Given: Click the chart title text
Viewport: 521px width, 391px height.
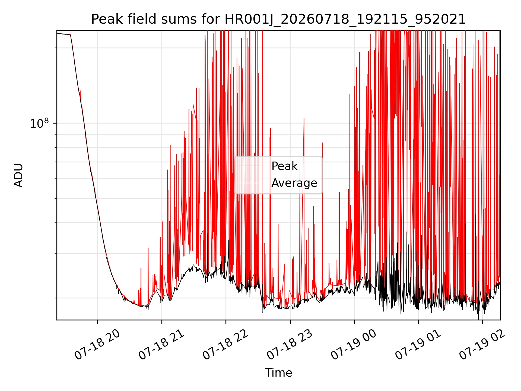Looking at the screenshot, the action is pyautogui.click(x=278, y=19).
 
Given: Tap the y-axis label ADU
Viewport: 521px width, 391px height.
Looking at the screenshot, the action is pyautogui.click(x=18, y=175).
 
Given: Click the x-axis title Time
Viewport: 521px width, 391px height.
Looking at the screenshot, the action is pyautogui.click(x=278, y=373).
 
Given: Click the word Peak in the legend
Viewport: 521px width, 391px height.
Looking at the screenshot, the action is pyautogui.click(x=284, y=166).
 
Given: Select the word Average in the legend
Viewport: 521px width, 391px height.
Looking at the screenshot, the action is pyautogui.click(x=294, y=183).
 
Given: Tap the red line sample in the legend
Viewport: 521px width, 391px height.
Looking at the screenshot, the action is pyautogui.click(x=251, y=166).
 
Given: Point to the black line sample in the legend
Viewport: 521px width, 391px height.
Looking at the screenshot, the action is pyautogui.click(x=251, y=183).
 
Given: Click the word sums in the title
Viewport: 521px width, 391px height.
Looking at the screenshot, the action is pyautogui.click(x=179, y=19).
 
